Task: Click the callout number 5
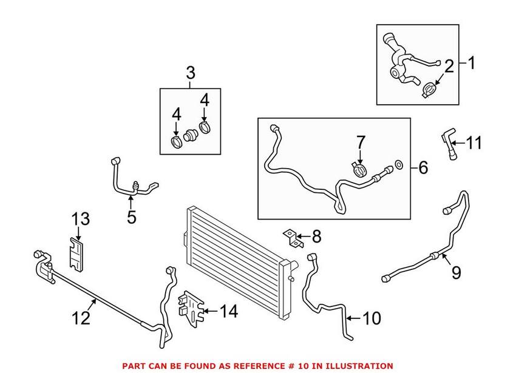click(132, 217)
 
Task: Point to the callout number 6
click(423, 167)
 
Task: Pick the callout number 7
click(360, 143)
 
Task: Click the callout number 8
click(316, 235)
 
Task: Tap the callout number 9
click(456, 274)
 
